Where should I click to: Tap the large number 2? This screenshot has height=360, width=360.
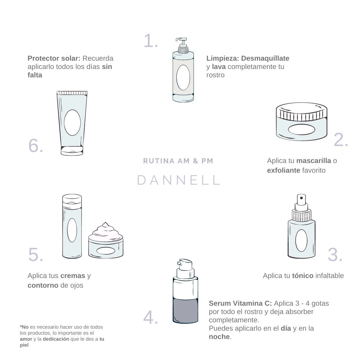[340, 140]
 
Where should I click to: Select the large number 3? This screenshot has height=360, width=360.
[335, 255]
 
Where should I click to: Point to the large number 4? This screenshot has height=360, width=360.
[151, 318]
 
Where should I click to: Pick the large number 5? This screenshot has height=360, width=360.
[35, 255]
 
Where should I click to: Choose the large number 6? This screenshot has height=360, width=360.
[36, 146]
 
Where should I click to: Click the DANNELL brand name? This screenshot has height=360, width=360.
[178, 180]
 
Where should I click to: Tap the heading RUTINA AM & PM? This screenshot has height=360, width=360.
[178, 161]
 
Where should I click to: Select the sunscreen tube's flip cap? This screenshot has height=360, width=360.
[72, 151]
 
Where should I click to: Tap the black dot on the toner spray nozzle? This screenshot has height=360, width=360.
[301, 198]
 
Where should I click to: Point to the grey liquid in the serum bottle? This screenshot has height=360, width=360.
[185, 310]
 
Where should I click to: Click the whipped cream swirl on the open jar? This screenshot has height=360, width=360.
[105, 231]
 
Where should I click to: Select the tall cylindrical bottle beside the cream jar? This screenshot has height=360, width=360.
[72, 226]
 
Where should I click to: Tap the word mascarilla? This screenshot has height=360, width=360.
[314, 161]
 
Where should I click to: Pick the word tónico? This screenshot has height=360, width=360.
[303, 276]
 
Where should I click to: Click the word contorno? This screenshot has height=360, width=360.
[43, 285]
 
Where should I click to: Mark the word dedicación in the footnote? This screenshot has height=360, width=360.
[56, 339]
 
